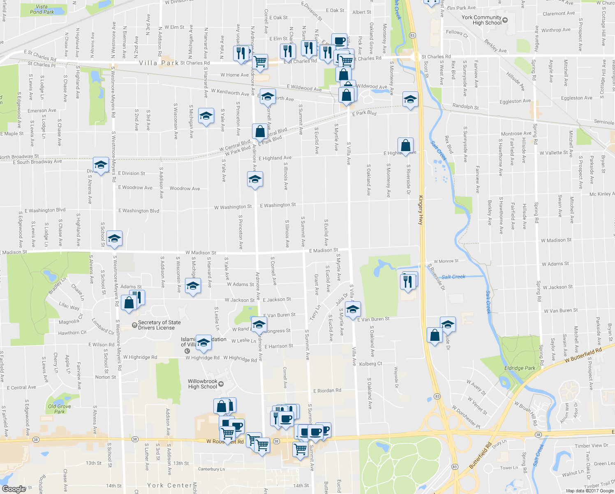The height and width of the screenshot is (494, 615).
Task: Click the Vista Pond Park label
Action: [x=42, y=9]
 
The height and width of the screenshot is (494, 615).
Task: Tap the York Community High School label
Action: [x=481, y=20]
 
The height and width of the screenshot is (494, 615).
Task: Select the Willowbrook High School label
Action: [x=202, y=384]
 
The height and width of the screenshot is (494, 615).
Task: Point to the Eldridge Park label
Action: [x=520, y=368]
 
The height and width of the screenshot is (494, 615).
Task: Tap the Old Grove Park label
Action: [x=59, y=409]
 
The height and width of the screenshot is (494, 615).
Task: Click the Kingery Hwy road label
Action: [x=421, y=210]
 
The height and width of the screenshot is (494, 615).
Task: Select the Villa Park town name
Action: [x=159, y=63]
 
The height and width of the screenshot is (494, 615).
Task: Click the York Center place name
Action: [x=169, y=485]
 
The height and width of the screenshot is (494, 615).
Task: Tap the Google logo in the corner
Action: [x=14, y=489]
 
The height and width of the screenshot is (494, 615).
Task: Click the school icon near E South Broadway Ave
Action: [x=101, y=165]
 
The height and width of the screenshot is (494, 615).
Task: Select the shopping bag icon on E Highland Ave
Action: [x=405, y=146]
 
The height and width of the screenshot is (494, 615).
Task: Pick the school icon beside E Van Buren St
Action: [x=352, y=310]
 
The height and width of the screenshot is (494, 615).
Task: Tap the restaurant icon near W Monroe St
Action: [x=408, y=282]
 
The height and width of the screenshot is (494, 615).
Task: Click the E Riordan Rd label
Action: [x=327, y=391]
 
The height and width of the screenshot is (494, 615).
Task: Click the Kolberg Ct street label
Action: [x=370, y=364]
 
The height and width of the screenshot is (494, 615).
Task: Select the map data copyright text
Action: [x=590, y=491]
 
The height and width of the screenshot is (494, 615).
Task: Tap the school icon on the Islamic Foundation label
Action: [x=203, y=343]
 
